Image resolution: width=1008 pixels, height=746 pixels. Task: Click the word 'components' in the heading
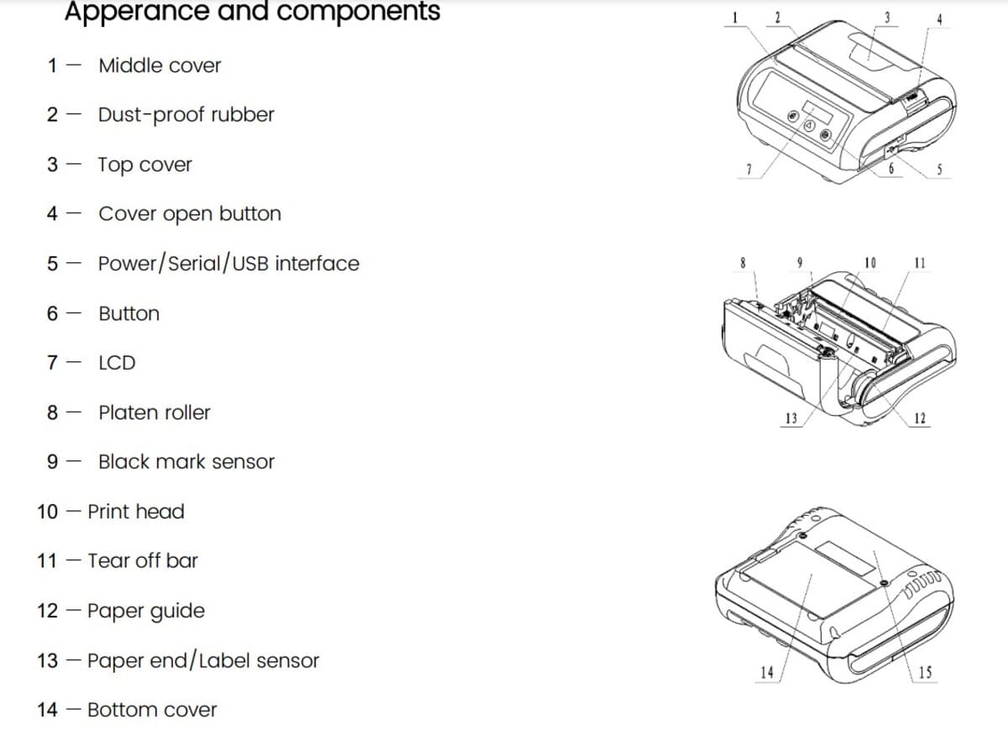360,12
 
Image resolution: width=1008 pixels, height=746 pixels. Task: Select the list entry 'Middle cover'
160,66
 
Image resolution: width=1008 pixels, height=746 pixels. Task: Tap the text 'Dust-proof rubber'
186,115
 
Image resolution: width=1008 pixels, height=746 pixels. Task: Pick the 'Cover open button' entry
189,214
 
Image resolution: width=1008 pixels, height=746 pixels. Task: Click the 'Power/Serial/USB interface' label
228,264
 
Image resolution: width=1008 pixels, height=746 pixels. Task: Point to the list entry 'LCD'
117,363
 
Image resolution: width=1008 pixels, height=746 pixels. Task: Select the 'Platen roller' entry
155,412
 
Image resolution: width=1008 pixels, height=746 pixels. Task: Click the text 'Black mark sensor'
186,462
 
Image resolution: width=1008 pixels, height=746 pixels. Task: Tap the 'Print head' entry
135,512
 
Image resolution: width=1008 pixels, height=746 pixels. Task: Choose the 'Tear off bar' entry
143,561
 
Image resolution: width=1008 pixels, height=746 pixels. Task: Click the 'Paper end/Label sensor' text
202,661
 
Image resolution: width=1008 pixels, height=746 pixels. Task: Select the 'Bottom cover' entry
151,711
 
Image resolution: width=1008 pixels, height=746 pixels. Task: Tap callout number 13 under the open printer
790,418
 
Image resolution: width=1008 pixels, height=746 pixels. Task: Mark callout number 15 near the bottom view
925,671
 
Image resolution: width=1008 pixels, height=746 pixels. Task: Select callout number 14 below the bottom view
766,671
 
